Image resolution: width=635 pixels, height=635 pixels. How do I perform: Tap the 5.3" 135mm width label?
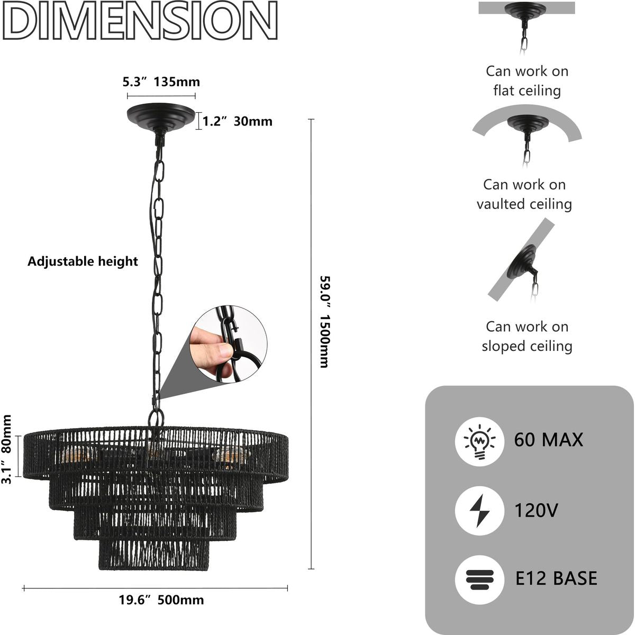pos(161,82)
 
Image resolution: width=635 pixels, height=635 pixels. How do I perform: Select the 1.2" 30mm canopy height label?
pos(238,121)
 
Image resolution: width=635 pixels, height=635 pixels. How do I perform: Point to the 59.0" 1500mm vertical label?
pos(324,321)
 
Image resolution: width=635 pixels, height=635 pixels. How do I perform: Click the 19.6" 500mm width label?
pos(161,600)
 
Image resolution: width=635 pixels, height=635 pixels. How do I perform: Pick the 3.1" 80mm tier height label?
pos(7,449)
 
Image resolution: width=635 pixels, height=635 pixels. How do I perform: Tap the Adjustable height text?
pos(83,261)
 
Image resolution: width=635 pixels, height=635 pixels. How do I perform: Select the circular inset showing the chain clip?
pos(229,343)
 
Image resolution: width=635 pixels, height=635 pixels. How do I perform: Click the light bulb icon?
pos(479,441)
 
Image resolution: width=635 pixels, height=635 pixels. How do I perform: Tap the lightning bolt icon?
pos(479,511)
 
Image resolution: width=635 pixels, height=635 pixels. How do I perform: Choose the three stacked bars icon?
pos(479,579)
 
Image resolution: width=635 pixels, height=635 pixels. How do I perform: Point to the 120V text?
pos(536,511)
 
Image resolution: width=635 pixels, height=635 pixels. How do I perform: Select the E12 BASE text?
pos(556,578)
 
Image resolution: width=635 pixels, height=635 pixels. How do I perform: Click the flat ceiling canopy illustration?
pos(526,12)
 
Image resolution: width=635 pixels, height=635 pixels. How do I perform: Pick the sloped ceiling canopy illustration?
pos(521,262)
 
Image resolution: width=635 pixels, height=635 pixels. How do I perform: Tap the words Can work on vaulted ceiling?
pos(524,194)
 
